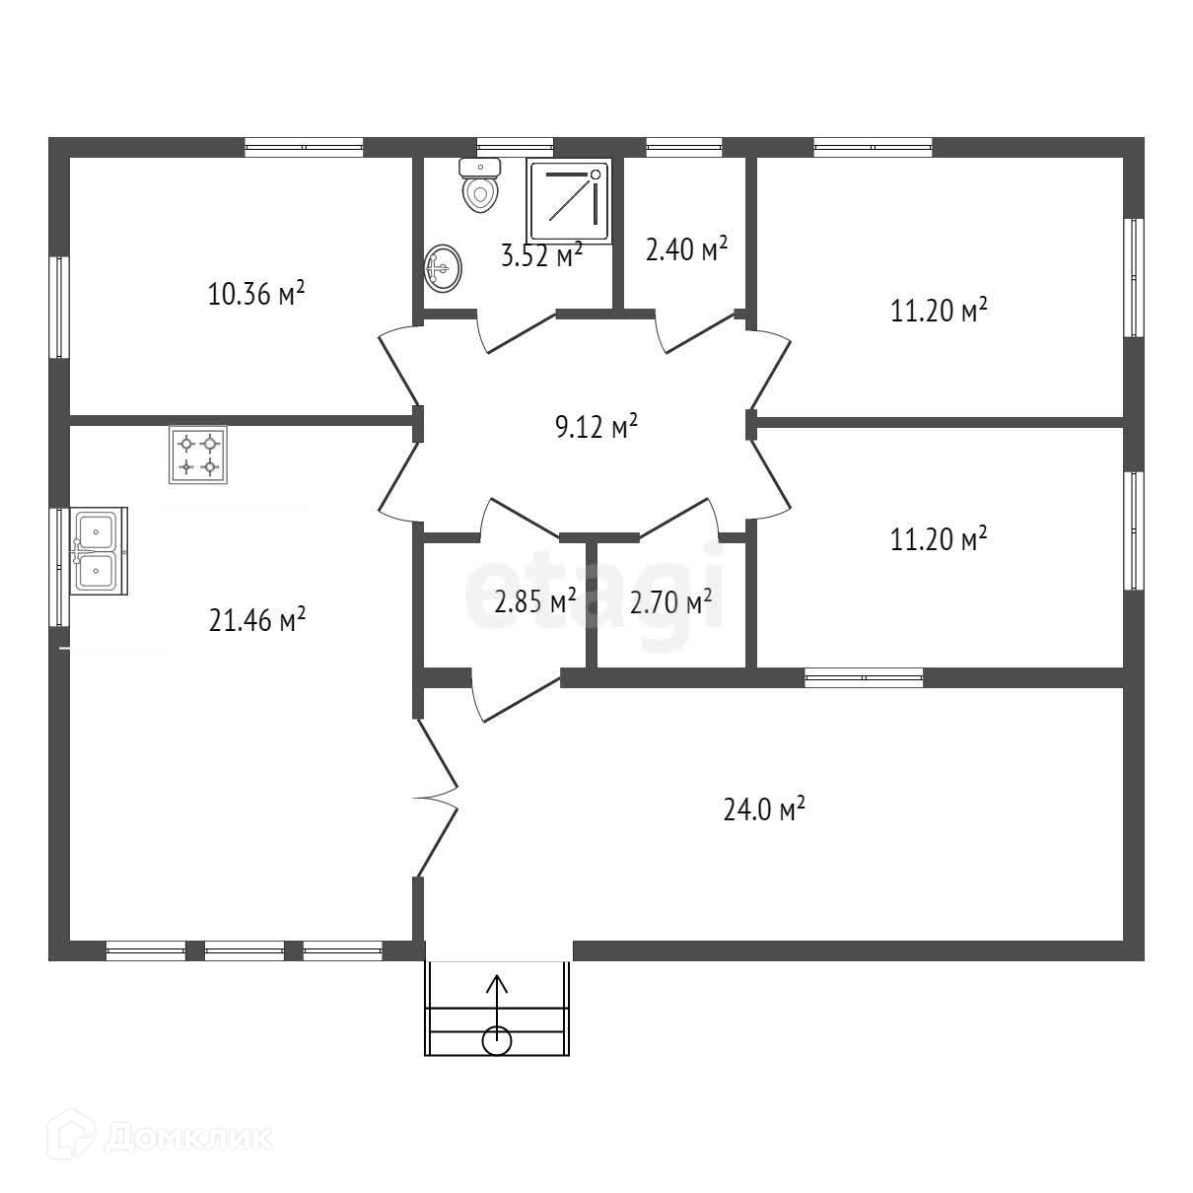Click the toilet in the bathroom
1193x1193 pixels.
click(x=480, y=184)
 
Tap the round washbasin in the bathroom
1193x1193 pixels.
click(x=444, y=268)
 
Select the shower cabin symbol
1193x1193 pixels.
click(x=568, y=200)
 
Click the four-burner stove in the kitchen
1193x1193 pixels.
click(x=198, y=455)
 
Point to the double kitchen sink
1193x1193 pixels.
click(x=99, y=551)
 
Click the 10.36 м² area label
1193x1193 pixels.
click(x=256, y=294)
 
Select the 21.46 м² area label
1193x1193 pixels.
click(x=257, y=620)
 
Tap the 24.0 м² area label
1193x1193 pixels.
click(x=764, y=809)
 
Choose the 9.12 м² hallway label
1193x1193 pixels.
click(x=596, y=427)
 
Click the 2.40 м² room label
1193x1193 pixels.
click(x=686, y=249)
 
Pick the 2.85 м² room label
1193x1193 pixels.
click(x=535, y=601)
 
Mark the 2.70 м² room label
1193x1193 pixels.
click(x=671, y=602)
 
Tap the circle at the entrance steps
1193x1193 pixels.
click(x=497, y=1040)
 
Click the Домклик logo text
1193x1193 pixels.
click(x=188, y=1138)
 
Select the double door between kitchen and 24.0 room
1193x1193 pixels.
click(x=437, y=799)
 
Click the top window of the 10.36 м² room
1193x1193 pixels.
click(x=304, y=147)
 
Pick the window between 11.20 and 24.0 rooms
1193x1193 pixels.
click(x=864, y=677)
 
